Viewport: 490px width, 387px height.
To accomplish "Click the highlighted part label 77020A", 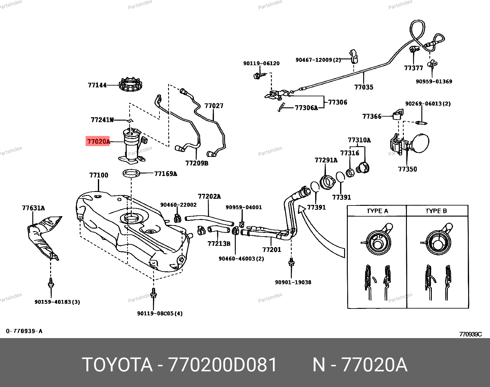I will pos(98,142).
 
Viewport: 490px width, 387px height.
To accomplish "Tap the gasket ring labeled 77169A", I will pos(132,174).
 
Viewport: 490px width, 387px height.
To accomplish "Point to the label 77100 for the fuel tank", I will pos(98,175).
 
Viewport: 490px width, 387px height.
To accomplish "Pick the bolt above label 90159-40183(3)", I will pos(50,282).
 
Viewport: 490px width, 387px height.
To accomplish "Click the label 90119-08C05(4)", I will pos(160,313).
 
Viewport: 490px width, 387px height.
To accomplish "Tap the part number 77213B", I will pos(219,244).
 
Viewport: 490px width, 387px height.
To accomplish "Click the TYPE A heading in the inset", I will pos(377,211).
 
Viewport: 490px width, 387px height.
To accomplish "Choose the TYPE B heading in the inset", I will pos(436,211).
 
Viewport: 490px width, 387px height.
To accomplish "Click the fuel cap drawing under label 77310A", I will pos(363,167).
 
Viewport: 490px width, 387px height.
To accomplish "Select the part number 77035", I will pos(363,87).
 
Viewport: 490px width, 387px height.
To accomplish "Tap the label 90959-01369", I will pos(434,82).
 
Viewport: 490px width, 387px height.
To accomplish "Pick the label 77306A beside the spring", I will pos(306,108).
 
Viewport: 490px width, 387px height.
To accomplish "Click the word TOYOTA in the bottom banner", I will pos(117,365).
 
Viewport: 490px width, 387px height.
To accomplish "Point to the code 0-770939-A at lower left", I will pos(24,331).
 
